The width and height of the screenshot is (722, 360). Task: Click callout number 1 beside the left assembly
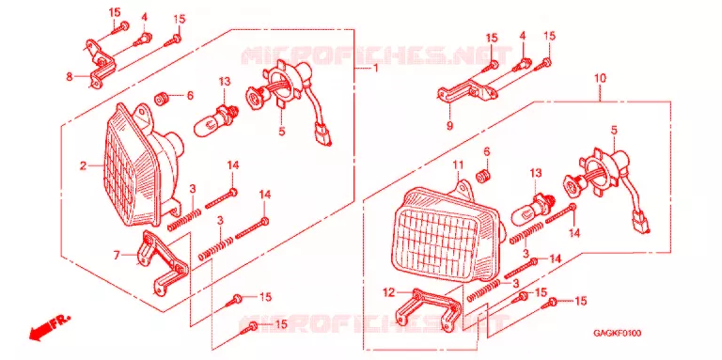(375, 69)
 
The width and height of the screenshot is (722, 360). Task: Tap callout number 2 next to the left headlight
(83, 165)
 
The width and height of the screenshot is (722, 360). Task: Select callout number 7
(117, 254)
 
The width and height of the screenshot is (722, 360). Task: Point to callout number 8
(70, 76)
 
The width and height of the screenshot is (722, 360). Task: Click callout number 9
(449, 125)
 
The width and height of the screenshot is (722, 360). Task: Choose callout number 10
(600, 78)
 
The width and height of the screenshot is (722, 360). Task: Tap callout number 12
(389, 291)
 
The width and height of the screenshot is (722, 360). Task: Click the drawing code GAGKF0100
(617, 333)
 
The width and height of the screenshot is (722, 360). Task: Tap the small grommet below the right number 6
(483, 176)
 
